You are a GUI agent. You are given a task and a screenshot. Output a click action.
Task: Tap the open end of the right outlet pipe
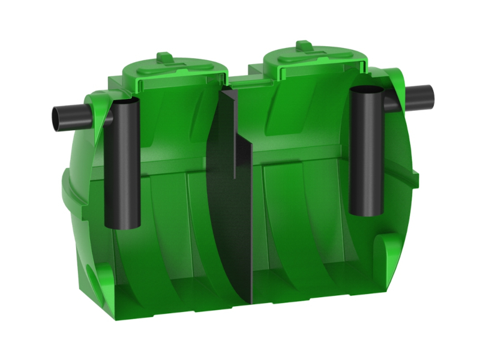[432, 95]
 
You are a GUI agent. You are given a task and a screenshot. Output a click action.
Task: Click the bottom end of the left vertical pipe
[122, 224]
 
